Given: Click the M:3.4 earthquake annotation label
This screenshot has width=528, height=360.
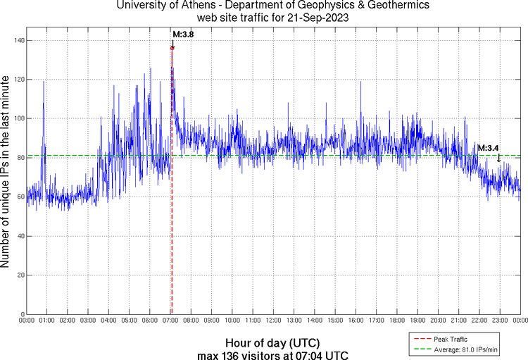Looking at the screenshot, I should coord(488,148).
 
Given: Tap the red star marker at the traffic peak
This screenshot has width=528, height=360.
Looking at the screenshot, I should coord(172,48).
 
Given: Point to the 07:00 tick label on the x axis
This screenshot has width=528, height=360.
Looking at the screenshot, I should coord(170,321).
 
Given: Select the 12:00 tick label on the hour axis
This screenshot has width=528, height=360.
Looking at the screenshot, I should coord(273,321).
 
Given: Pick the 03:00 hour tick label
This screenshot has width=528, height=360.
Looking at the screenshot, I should coord(88,321).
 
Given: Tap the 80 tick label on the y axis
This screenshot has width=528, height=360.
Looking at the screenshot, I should coord(18,158).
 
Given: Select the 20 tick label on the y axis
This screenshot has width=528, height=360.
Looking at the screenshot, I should coord(18,275).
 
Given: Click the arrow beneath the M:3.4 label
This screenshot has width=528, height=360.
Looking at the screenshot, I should coord(499,158).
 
